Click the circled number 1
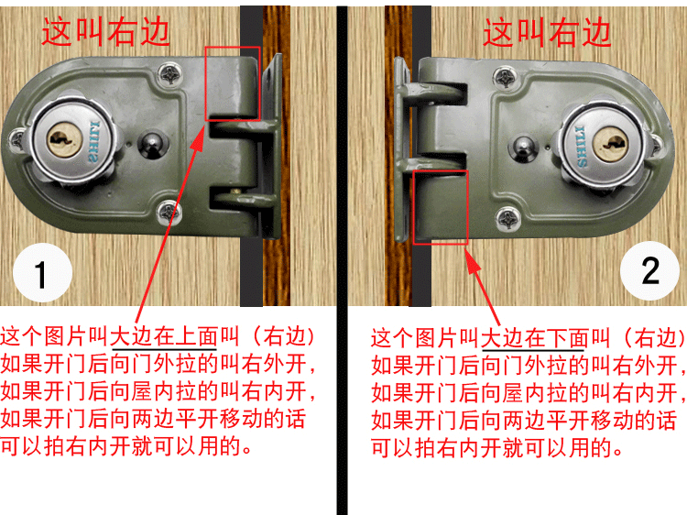[x=41, y=274]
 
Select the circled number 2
[x=649, y=270]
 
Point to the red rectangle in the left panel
[x=233, y=83]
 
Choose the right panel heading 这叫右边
[x=547, y=32]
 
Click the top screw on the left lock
[x=170, y=71]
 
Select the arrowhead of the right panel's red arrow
[x=471, y=261]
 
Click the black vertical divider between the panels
[x=342, y=257]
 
